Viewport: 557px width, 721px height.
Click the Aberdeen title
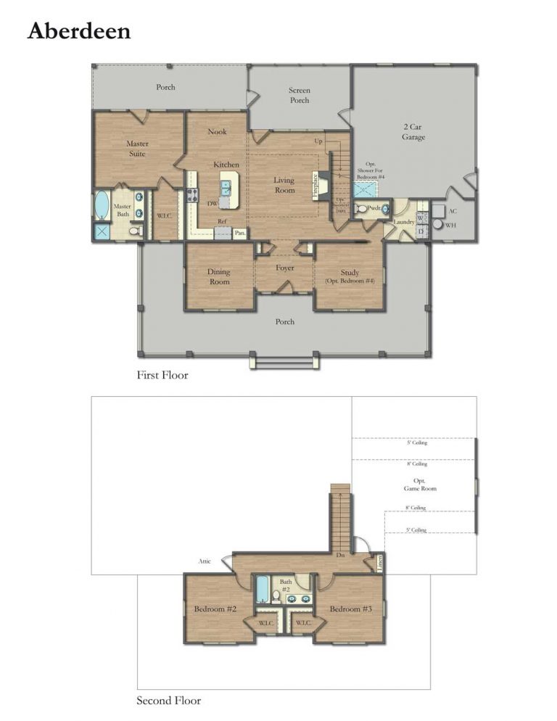click(x=79, y=31)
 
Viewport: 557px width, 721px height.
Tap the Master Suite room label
click(x=137, y=149)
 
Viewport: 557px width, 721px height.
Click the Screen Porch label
click(x=299, y=96)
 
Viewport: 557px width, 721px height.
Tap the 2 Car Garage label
click(x=413, y=131)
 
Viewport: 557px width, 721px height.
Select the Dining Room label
click(x=218, y=276)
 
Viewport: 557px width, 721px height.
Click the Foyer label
click(x=284, y=268)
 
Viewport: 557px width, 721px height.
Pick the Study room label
click(x=349, y=276)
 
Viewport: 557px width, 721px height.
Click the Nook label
click(x=218, y=132)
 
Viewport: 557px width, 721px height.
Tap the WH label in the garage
click(x=451, y=226)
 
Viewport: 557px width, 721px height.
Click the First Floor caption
click(x=162, y=376)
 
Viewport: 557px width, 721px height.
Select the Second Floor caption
click(x=168, y=701)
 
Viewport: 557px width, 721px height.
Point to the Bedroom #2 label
click(x=215, y=609)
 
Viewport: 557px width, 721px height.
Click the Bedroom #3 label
click(x=350, y=609)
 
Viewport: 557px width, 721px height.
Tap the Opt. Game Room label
click(x=420, y=485)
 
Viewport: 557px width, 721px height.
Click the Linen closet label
click(x=379, y=562)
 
